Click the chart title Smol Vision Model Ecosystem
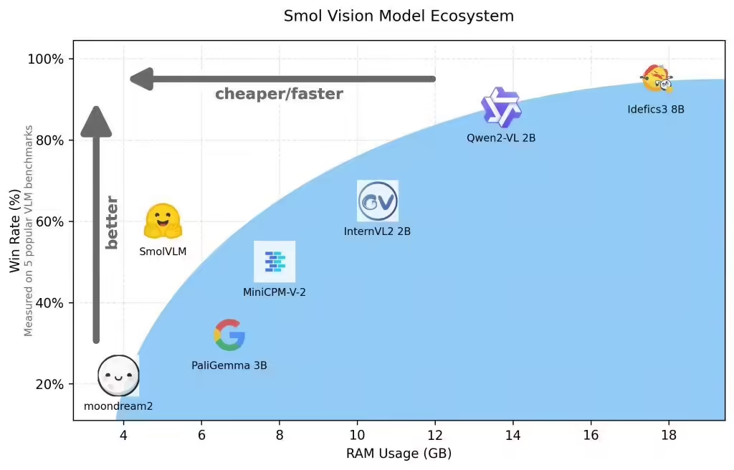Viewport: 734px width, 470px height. coord(399,16)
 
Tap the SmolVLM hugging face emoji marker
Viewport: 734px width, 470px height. coord(163,221)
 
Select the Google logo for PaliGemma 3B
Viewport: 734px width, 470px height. coord(229,335)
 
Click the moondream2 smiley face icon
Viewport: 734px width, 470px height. coord(118,375)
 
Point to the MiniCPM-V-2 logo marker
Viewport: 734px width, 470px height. coord(275,262)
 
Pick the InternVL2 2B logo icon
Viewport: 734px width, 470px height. coord(378,201)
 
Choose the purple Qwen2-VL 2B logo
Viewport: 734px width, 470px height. coord(501,107)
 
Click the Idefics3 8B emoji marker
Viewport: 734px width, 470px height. coord(657,78)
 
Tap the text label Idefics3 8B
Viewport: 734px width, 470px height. coord(655,110)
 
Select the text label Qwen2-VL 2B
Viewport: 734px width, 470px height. coord(501,138)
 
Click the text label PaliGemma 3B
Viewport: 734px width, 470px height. coord(229,365)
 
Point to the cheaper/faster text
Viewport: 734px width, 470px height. coord(279,94)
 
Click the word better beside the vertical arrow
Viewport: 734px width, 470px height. coord(112,222)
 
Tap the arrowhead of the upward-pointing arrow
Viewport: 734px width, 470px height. coord(96,120)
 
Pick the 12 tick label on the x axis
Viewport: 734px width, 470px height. coord(434,435)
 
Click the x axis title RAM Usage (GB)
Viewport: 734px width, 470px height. coord(399,454)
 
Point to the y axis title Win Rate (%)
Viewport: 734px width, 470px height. coord(15,231)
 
